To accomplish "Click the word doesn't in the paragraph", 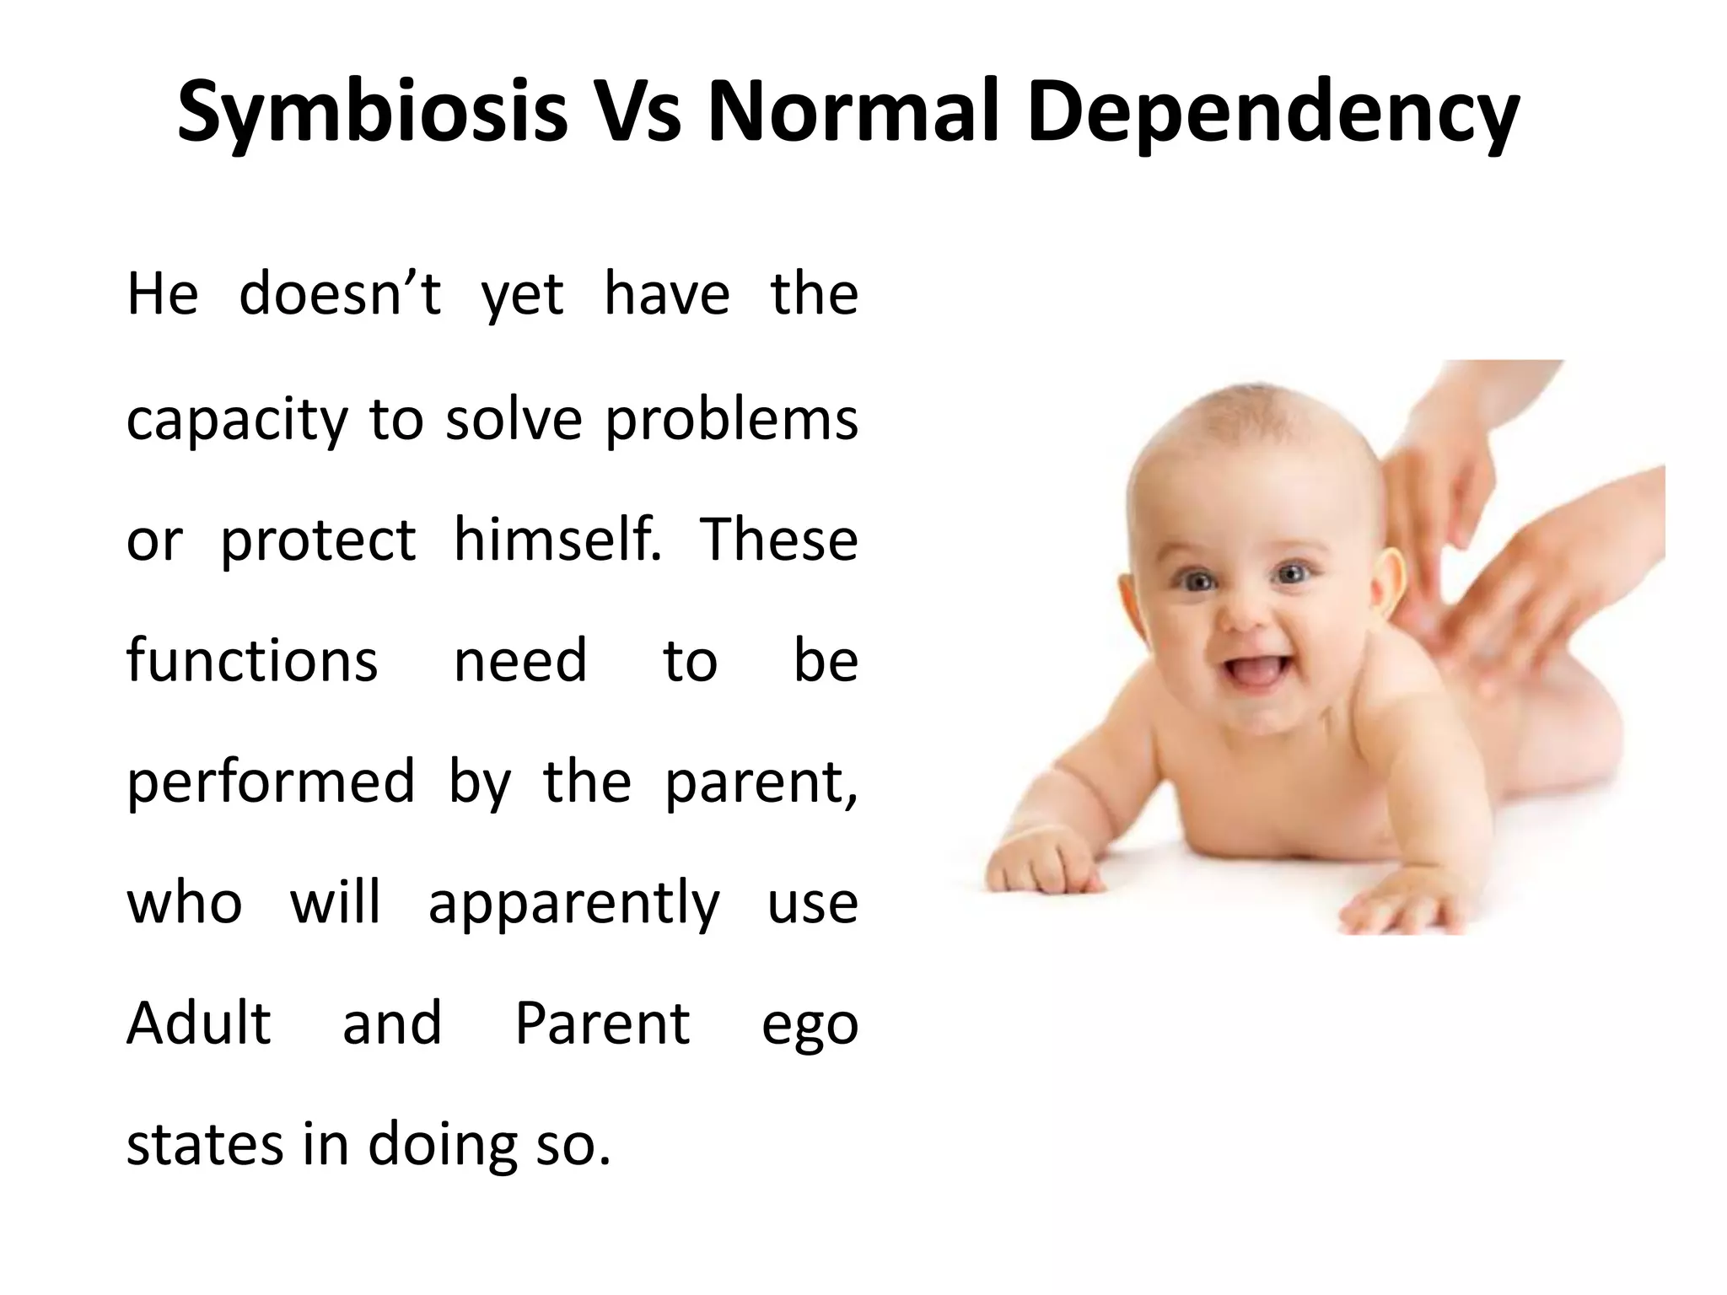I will [x=340, y=295].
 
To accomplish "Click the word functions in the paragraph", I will [x=252, y=660].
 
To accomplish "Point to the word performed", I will [x=271, y=782].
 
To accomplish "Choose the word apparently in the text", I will [x=574, y=904].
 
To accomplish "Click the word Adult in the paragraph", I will [x=199, y=1024].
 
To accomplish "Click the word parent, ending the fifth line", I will [x=761, y=782].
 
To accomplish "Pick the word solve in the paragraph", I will [x=514, y=419].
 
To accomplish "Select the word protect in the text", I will [x=318, y=541].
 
